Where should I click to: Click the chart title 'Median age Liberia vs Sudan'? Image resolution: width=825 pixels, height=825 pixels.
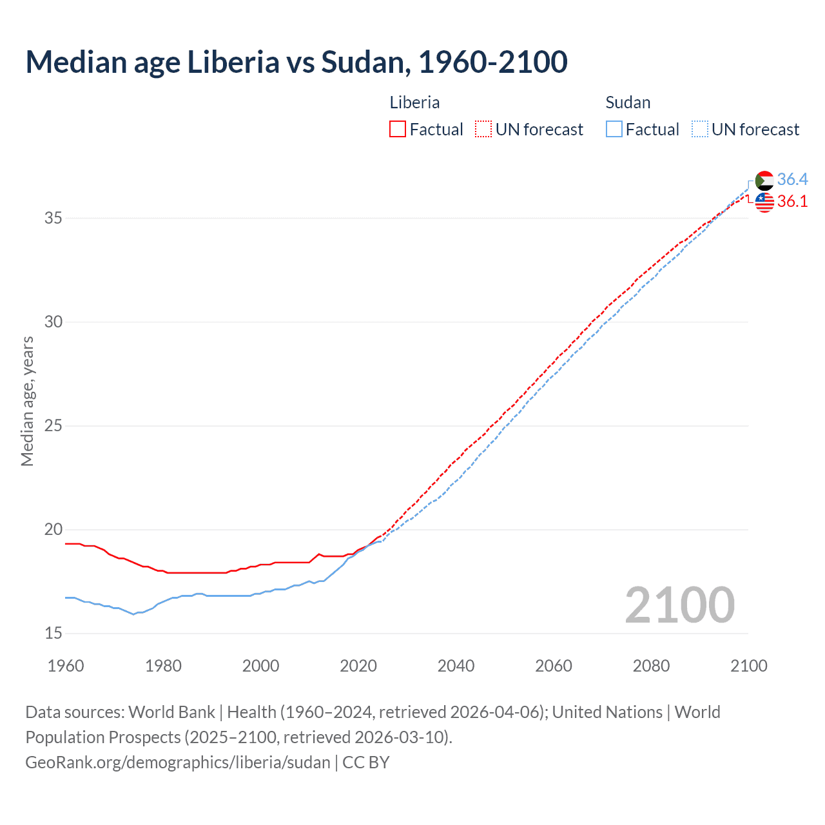point(296,62)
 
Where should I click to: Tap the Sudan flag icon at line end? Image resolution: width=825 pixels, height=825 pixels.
point(764,180)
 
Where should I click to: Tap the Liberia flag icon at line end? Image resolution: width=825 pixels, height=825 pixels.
point(764,202)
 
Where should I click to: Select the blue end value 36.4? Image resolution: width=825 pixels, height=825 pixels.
point(792,179)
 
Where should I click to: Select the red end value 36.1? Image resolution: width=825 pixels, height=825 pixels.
point(792,202)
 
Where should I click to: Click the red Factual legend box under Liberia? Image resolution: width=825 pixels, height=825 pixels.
point(398,130)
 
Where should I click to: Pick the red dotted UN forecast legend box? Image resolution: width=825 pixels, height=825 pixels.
point(483,130)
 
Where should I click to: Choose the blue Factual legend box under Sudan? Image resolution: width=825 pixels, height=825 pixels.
point(614,130)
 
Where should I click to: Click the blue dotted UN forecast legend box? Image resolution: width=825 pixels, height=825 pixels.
point(699,130)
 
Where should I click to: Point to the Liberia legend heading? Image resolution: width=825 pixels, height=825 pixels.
point(414,102)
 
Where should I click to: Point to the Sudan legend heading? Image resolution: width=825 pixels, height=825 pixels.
point(628,102)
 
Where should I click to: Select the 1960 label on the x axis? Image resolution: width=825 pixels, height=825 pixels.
point(66,666)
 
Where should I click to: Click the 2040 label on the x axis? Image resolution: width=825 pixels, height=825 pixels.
point(456,666)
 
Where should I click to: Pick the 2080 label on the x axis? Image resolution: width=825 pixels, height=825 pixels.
point(651,666)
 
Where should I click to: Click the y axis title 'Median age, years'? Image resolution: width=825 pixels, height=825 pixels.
point(27,401)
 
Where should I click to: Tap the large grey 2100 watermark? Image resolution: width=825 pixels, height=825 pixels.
point(679,605)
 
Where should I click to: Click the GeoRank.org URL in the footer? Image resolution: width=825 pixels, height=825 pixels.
point(177,762)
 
